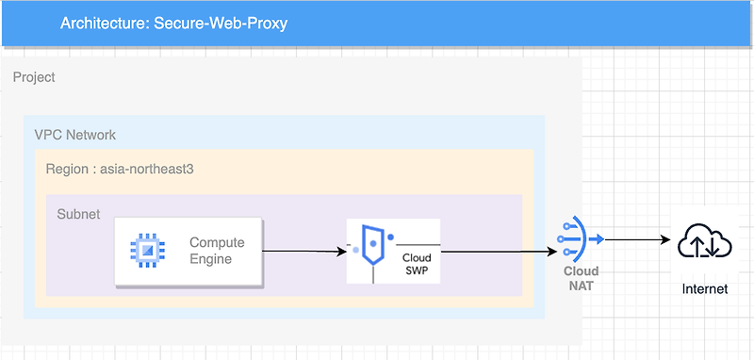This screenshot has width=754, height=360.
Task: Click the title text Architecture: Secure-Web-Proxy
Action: pos(173,23)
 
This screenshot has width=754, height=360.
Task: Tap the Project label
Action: pos(34,77)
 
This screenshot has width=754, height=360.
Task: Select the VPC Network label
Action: pos(75,135)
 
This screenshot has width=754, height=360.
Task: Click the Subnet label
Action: pos(78,214)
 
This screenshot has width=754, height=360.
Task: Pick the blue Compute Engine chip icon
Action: pos(148,251)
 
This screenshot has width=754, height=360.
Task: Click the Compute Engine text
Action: pos(216,251)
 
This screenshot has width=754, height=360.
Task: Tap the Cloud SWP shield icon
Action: pos(372,247)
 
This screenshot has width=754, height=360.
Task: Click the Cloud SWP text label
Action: pos(417,264)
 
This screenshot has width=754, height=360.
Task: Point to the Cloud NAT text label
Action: pos(582,278)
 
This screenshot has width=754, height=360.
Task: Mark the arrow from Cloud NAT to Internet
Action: pos(636,239)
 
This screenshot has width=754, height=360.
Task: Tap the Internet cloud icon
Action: pos(705,242)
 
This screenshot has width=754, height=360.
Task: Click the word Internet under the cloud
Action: pos(705,288)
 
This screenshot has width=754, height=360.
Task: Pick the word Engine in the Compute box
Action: pos(211,259)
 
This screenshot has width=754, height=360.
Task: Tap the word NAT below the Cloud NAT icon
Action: pos(582,285)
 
